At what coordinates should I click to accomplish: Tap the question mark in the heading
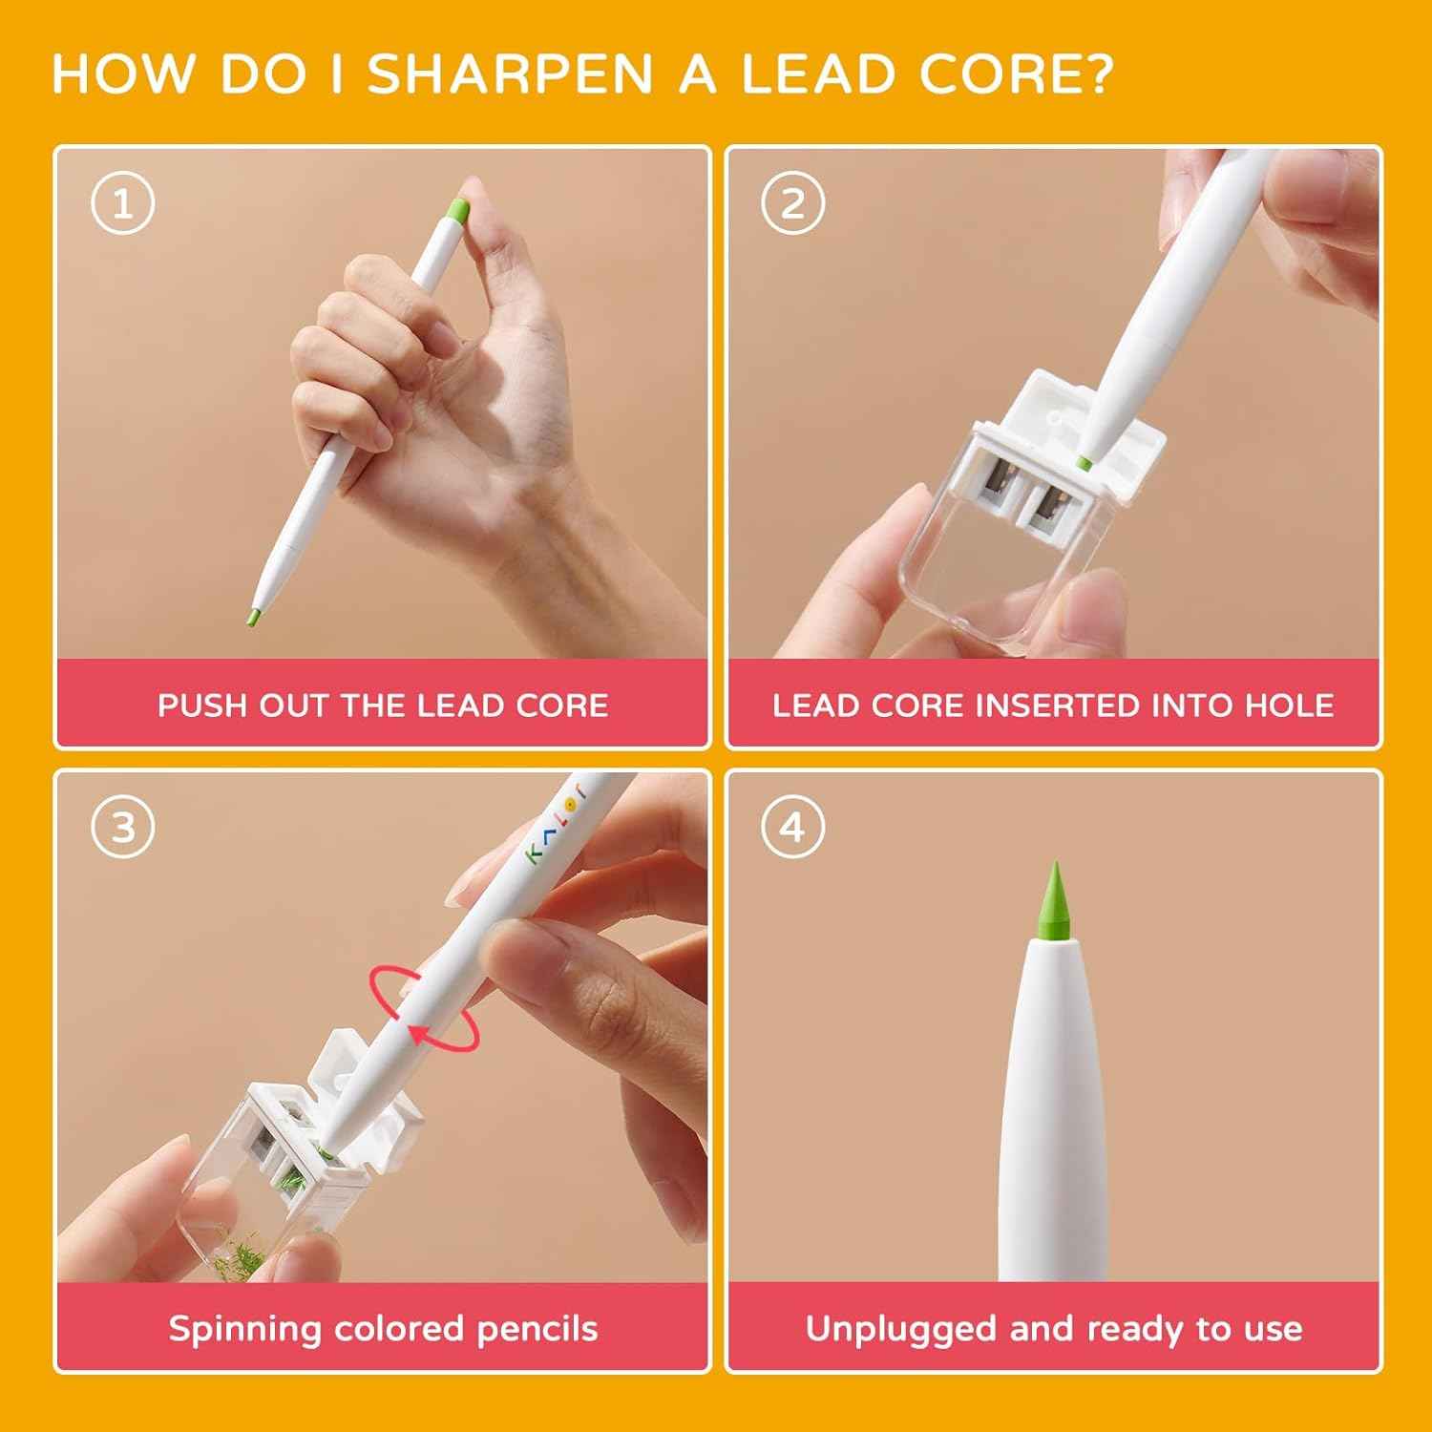point(1099,74)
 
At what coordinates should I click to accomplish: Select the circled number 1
point(123,203)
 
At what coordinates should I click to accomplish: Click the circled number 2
point(792,203)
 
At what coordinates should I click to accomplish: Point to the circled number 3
point(123,827)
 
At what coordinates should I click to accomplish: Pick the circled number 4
point(792,827)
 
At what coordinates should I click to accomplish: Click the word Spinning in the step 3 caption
point(244,1330)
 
